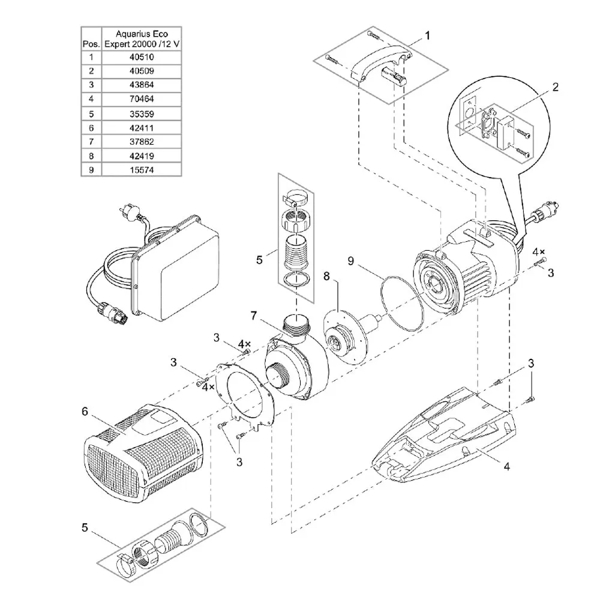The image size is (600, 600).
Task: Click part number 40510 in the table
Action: coord(142,57)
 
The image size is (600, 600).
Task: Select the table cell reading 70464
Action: coord(142,99)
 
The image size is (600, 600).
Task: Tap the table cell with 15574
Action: coord(142,170)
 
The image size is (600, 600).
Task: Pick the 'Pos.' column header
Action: coord(91,44)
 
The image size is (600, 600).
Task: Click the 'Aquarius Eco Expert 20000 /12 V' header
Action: coord(142,38)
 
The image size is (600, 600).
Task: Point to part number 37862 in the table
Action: coord(142,142)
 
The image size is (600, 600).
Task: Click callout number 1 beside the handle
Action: coord(427,35)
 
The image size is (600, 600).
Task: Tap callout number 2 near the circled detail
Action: coord(555,87)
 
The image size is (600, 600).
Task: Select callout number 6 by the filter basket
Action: coord(85,412)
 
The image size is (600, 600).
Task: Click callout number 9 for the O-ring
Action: coord(351,261)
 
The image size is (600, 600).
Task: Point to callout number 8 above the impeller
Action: coord(326,276)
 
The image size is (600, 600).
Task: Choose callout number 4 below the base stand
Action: coord(506,466)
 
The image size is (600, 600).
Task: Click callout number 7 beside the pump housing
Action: coord(254,316)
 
